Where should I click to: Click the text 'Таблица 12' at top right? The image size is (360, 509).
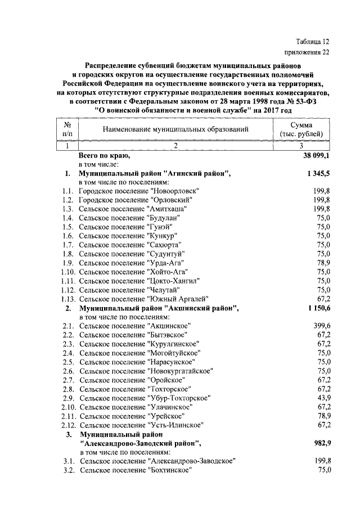(312, 42)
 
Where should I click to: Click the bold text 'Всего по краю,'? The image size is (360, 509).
(104, 155)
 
